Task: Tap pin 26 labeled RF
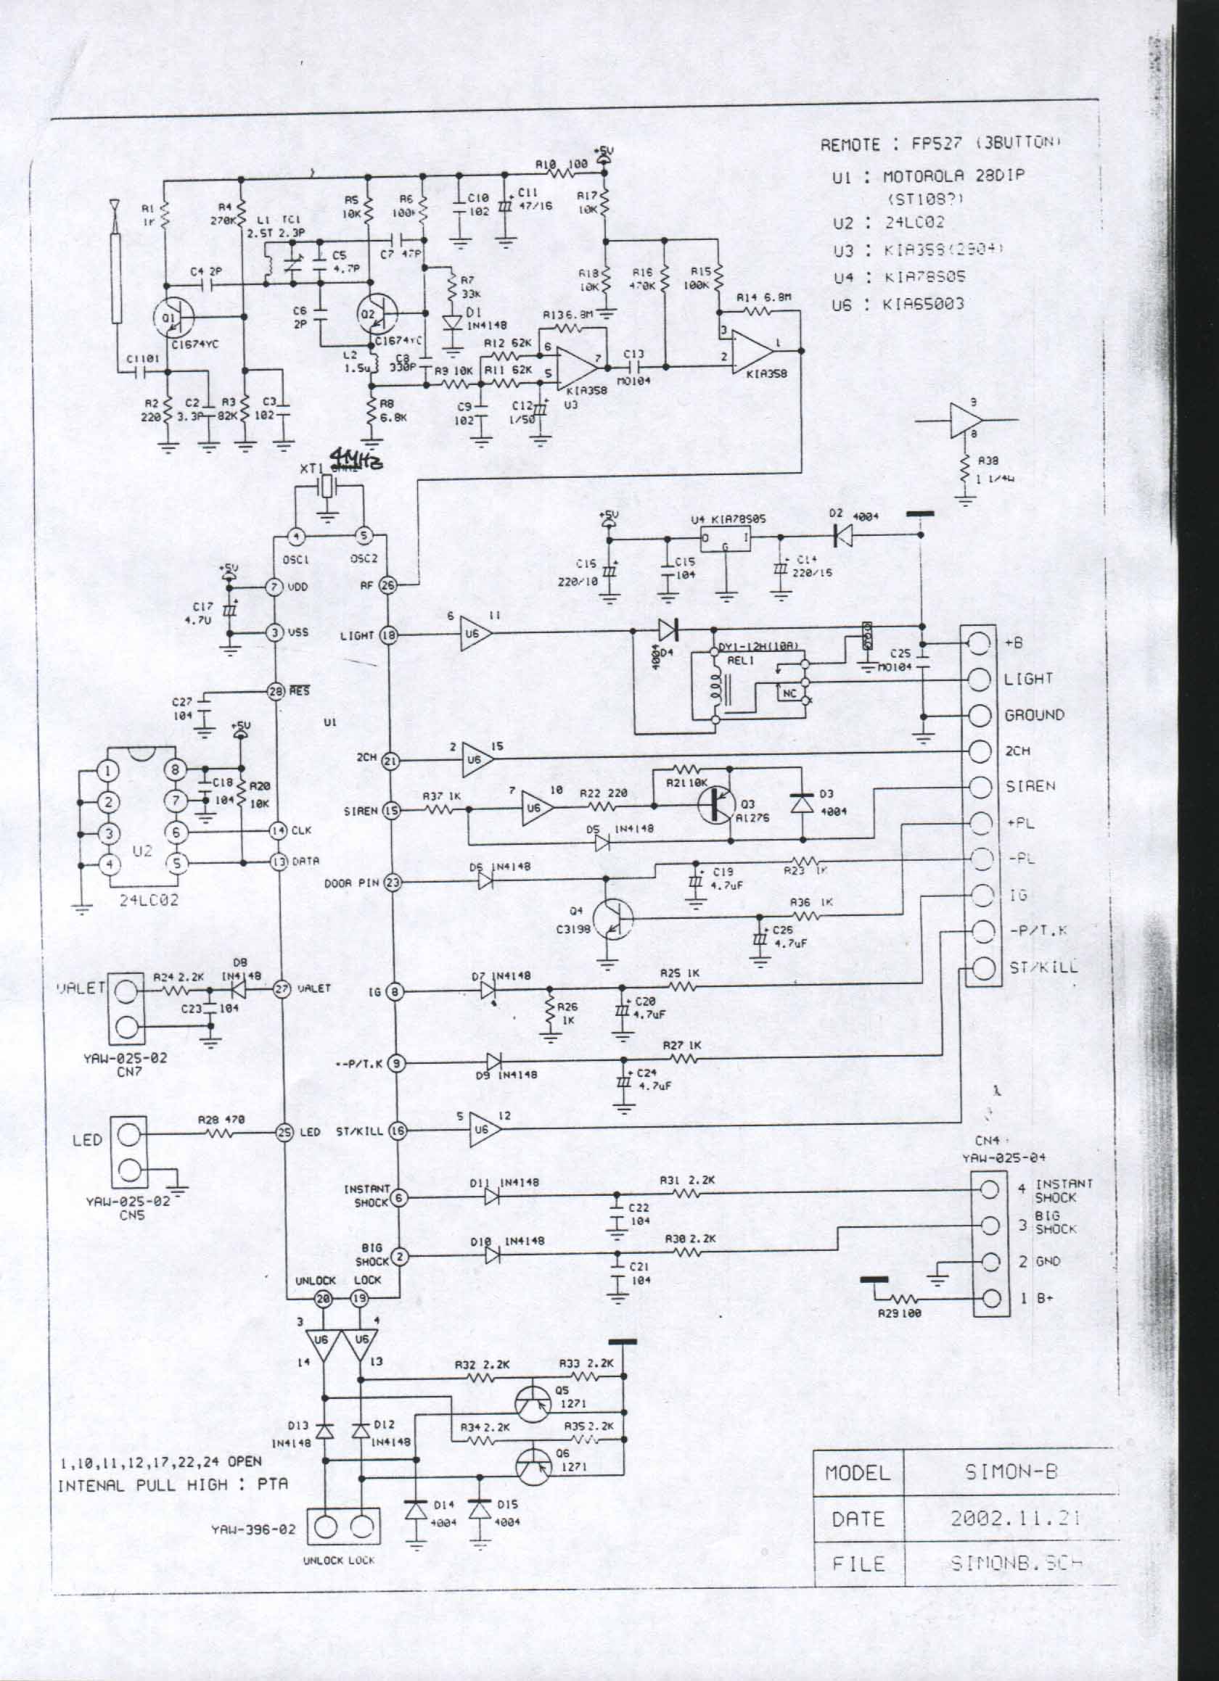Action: (388, 585)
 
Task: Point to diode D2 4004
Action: (842, 535)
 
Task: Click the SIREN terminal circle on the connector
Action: (981, 787)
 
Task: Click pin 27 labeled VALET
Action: (282, 988)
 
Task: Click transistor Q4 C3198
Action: (615, 920)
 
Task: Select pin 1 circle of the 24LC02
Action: (109, 771)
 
